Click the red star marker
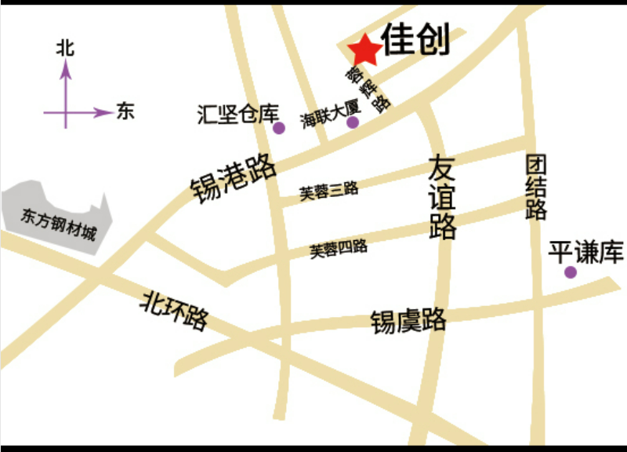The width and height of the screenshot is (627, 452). tap(365, 51)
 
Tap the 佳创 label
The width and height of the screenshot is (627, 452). tap(416, 39)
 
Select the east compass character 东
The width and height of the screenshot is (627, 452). tap(125, 111)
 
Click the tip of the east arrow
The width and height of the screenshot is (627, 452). tap(111, 112)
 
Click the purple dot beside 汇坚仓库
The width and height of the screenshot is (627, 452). tap(279, 128)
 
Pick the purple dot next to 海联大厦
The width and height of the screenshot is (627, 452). tap(353, 122)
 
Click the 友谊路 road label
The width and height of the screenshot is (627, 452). tap(442, 197)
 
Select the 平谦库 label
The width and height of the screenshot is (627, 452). tap(585, 253)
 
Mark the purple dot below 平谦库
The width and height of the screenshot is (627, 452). tap(571, 272)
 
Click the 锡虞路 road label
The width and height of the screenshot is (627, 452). tap(408, 320)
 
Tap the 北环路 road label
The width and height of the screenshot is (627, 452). tap(174, 311)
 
